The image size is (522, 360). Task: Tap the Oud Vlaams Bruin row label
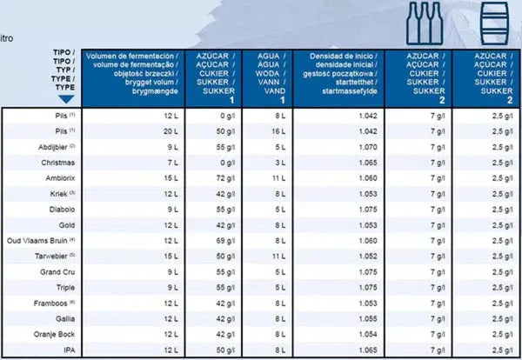42,239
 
